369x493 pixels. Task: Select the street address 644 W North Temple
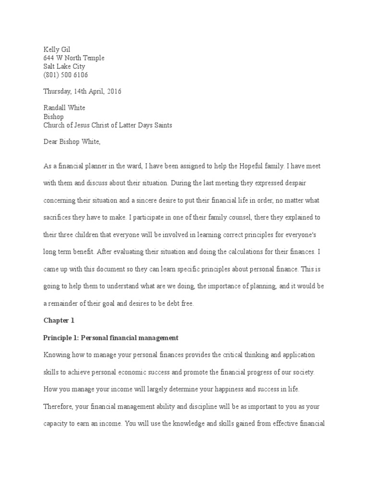click(74, 58)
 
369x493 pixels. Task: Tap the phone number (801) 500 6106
click(65, 75)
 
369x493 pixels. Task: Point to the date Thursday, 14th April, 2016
click(82, 91)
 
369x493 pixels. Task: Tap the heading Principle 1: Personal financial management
click(111, 337)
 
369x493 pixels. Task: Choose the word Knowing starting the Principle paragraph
click(56, 355)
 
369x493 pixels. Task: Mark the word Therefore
click(59, 407)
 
